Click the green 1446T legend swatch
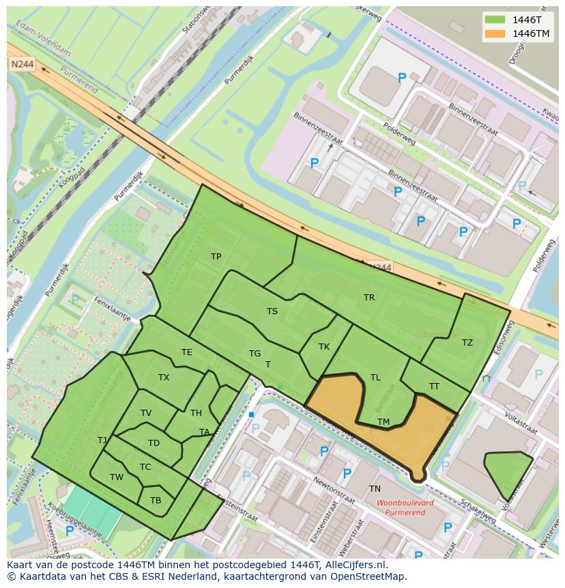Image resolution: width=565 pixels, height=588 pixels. [x=496, y=19]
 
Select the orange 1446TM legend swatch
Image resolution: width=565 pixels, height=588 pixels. [x=496, y=33]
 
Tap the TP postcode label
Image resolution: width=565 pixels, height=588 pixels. [x=216, y=257]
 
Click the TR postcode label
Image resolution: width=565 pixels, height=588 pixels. [x=369, y=298]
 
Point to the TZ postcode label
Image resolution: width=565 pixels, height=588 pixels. [x=467, y=343]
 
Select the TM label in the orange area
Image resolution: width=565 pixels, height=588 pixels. [x=383, y=422]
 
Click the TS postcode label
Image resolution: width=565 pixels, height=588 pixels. [x=272, y=311]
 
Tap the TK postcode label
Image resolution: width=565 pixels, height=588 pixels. [x=324, y=347]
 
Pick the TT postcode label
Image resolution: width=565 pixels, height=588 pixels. [x=435, y=387]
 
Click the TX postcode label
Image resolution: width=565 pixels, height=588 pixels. [x=164, y=378]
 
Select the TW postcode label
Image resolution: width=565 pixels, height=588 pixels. [x=117, y=477]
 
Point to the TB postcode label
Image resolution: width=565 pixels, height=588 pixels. [x=156, y=501]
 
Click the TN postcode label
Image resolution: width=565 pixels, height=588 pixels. [x=375, y=489]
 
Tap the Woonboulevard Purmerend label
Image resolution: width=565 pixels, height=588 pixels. [x=405, y=507]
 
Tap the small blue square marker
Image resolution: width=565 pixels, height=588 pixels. [x=251, y=415]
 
